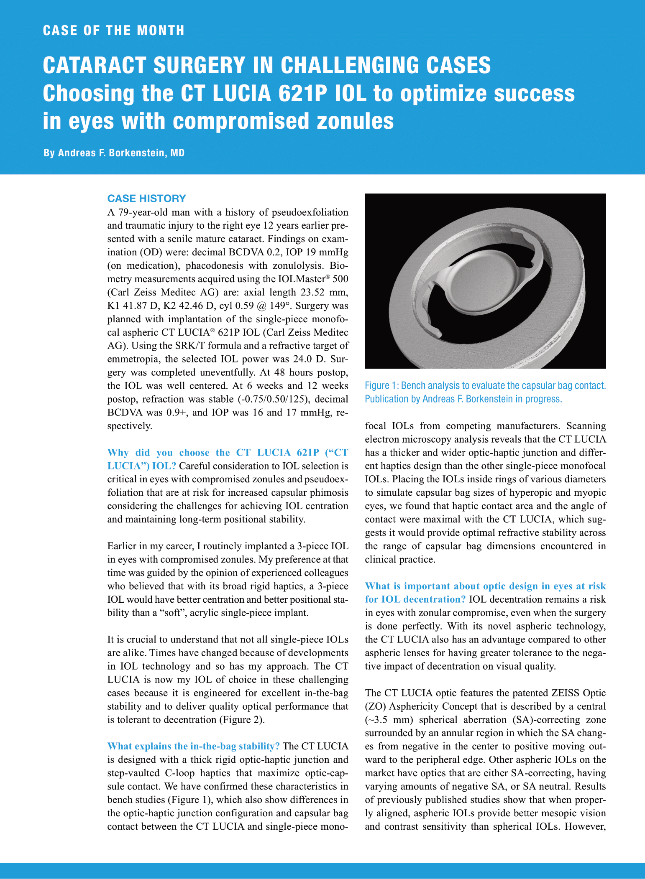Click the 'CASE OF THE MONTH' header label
[x=113, y=31]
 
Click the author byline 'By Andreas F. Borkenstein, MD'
[x=114, y=153]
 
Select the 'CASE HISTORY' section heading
[x=146, y=199]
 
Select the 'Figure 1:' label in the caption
[x=381, y=386]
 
